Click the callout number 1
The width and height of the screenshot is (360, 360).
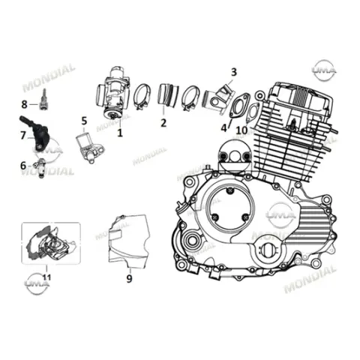(x=120, y=133)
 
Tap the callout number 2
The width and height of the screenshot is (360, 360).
(x=163, y=123)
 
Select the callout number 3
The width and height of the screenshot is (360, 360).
(x=233, y=72)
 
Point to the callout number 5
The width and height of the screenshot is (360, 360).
(x=84, y=121)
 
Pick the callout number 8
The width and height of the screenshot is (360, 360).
(x=24, y=104)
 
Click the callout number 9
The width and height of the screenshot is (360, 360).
(x=129, y=278)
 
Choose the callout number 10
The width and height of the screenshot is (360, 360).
(x=242, y=130)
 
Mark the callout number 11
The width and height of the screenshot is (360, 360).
(x=46, y=277)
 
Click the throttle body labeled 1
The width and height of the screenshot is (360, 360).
(x=113, y=94)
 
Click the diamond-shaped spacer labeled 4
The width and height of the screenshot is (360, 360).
(x=239, y=106)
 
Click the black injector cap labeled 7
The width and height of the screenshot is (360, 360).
(x=36, y=133)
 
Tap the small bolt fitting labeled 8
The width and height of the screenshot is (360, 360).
(x=43, y=99)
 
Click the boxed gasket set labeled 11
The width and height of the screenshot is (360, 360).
(x=51, y=243)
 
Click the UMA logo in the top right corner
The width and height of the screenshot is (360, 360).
(x=324, y=70)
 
